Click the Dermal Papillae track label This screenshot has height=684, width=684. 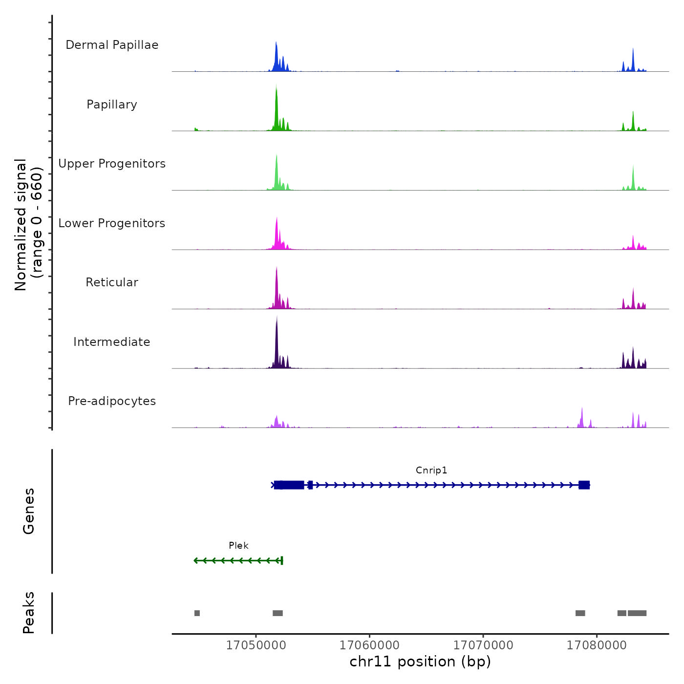112,45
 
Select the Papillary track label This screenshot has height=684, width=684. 112,105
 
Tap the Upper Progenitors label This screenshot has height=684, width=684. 112,164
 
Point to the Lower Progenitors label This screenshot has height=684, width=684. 112,223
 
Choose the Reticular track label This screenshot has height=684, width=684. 112,282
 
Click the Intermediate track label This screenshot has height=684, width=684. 112,342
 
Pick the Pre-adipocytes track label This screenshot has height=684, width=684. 112,401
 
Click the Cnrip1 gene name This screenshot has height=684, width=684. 431,470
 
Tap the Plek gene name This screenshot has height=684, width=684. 238,545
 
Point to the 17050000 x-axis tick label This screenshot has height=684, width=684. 256,645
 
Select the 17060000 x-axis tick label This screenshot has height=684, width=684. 369,645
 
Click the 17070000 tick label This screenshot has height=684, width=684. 483,645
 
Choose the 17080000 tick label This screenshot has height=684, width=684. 597,645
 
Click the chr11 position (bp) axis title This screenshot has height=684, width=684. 420,662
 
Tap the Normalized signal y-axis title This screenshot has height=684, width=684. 28,225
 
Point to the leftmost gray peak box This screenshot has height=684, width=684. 197,613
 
